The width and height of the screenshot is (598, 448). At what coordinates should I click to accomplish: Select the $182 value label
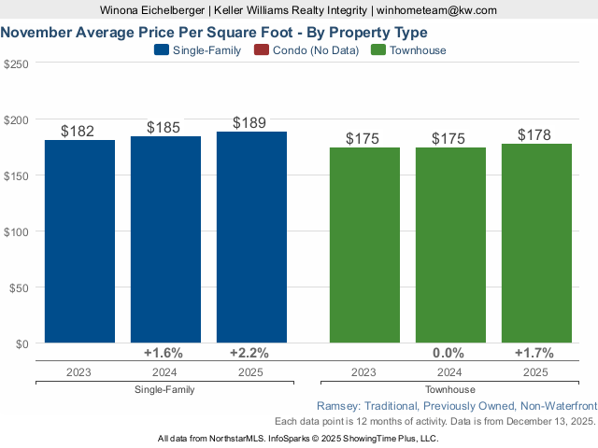pos(78,131)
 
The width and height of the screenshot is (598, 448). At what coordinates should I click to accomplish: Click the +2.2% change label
pos(249,353)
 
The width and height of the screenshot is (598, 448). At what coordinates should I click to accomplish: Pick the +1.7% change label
pos(534,353)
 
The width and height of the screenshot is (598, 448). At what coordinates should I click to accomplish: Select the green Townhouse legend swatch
pos(378,50)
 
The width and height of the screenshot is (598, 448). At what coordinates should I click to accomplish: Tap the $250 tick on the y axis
pos(17,63)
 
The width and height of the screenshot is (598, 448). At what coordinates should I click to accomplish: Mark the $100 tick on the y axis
pos(17,231)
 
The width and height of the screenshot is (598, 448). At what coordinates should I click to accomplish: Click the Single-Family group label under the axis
pos(164,389)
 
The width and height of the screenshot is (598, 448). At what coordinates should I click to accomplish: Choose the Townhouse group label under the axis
pos(450,389)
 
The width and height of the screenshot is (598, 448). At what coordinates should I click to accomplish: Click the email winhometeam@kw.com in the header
pos(437,10)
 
